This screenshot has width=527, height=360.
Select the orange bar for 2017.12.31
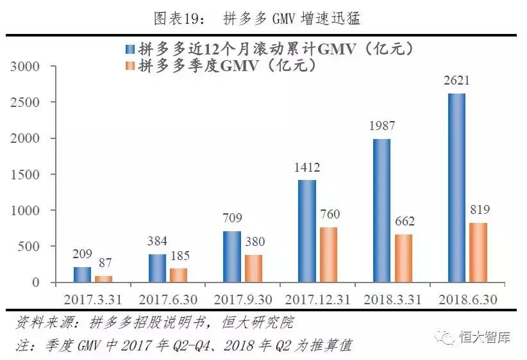point(328,255)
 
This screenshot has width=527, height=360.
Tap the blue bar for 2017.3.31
point(82,275)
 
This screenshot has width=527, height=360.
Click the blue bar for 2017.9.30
point(231,256)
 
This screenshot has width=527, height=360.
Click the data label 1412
point(307,168)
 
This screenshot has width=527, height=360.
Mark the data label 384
point(157,241)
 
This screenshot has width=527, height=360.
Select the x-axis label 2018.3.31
point(392,299)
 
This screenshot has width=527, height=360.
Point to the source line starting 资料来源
point(154,322)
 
